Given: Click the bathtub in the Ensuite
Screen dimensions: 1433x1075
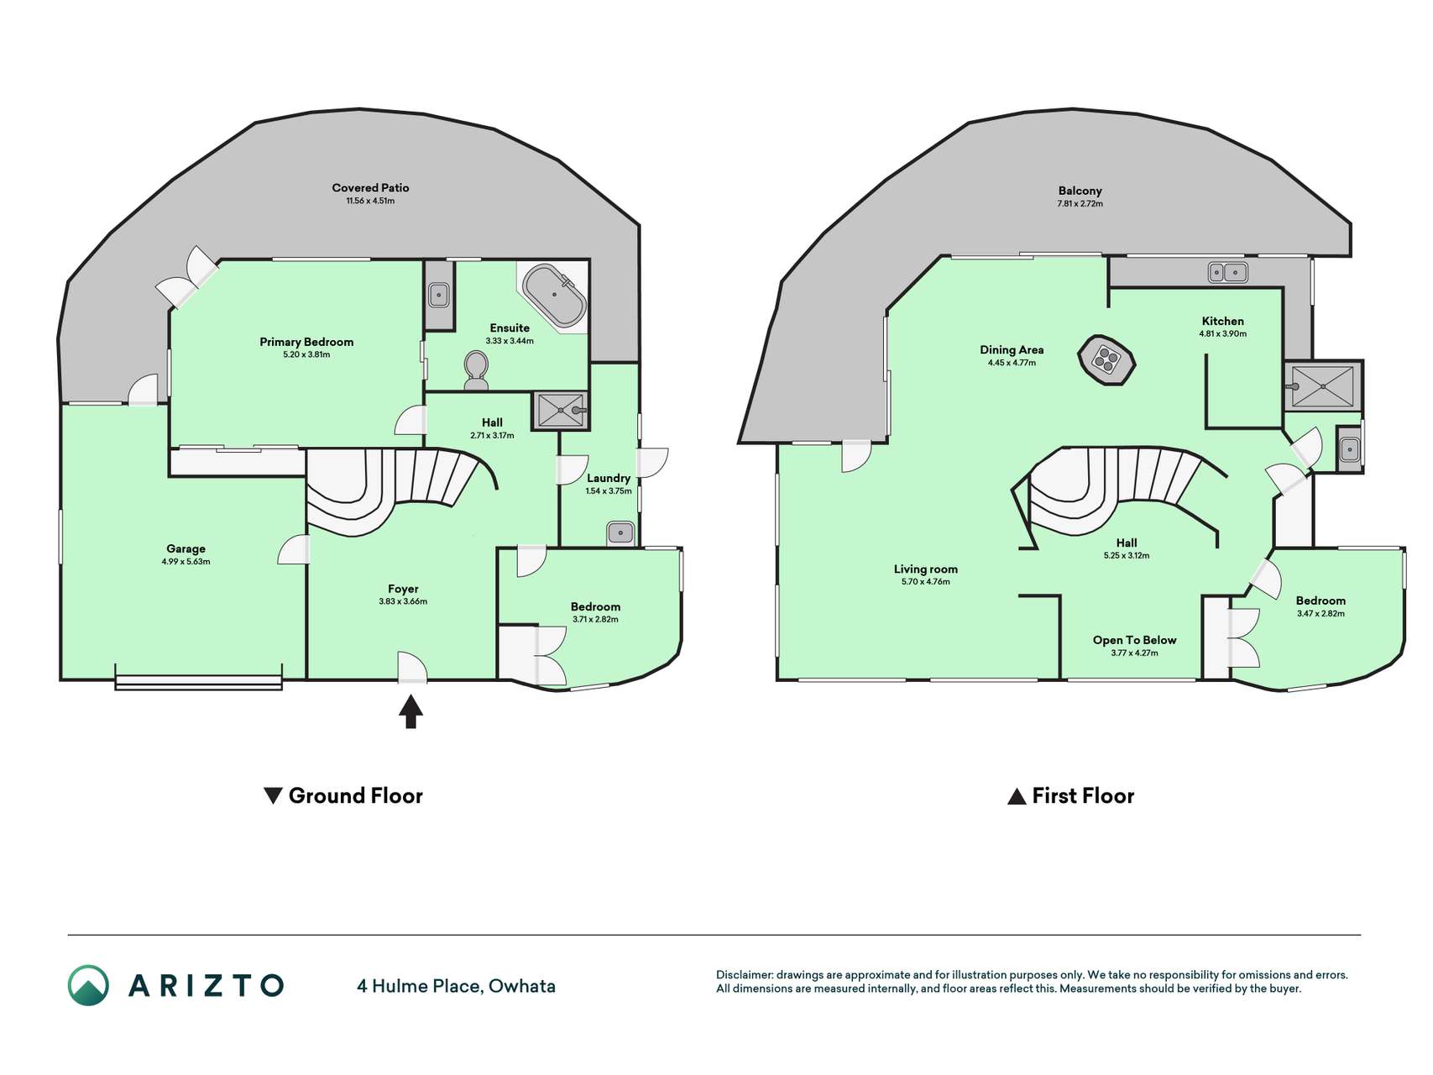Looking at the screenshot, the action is point(554,296).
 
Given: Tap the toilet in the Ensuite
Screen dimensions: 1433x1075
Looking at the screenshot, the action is point(476,370).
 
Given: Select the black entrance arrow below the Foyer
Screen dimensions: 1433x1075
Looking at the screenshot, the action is point(411,711).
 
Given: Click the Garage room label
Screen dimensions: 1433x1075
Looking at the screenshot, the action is point(186,548).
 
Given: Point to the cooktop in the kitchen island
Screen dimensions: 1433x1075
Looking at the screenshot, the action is point(1106,360).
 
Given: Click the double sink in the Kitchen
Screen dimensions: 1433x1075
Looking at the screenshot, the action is point(1227,272).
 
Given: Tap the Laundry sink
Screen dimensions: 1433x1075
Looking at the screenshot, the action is point(620,532).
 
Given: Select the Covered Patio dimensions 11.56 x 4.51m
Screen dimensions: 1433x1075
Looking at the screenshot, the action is point(370,202).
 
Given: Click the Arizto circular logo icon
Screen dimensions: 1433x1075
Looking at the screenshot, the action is point(88,985).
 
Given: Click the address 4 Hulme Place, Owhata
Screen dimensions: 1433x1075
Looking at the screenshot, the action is point(456,986).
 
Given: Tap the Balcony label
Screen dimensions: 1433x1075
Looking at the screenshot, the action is point(1080,191).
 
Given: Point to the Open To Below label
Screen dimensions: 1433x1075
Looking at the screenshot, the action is point(1134,640).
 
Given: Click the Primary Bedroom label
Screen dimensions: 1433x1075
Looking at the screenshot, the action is point(306,342).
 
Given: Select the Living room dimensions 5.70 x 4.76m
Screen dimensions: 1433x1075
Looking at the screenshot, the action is point(925,582).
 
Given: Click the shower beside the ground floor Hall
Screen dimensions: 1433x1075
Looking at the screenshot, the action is point(560,411).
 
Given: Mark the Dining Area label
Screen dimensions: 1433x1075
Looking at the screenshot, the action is point(1012,350).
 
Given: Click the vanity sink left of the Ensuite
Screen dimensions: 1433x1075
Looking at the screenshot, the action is point(439,295).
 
